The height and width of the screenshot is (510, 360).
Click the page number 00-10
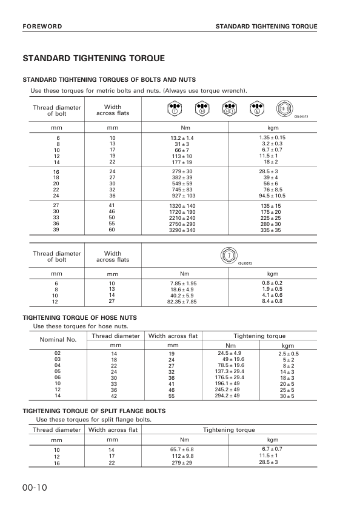pyautogui.click(x=35, y=488)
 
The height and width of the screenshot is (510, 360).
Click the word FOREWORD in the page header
pyautogui.click(x=42, y=27)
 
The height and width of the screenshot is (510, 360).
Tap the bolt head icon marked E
pyautogui.click(x=257, y=109)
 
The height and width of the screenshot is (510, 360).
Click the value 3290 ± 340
pyautogui.click(x=182, y=231)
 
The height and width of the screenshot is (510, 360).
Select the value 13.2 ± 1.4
pyautogui.click(x=182, y=138)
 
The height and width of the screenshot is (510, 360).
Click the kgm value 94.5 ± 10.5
pyautogui.click(x=272, y=196)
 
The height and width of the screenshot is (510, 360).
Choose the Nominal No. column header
pyautogui.click(x=58, y=339)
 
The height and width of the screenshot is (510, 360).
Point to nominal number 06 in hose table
pyautogui.click(x=58, y=377)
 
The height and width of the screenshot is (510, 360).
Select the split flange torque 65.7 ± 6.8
pyautogui.click(x=182, y=449)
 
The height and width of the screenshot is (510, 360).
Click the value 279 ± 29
pyautogui.click(x=182, y=463)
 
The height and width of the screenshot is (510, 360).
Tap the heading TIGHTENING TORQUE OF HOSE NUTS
pyautogui.click(x=79, y=317)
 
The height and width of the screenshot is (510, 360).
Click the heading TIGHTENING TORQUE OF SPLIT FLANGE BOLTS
pyautogui.click(x=94, y=411)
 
